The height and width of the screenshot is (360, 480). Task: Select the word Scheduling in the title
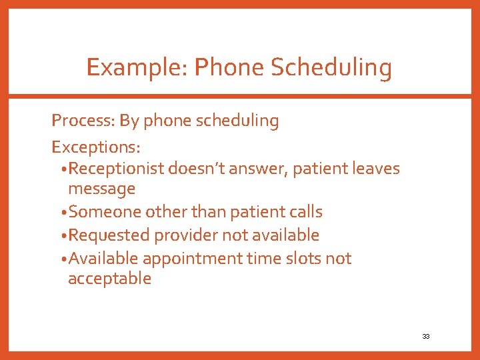pyautogui.click(x=335, y=67)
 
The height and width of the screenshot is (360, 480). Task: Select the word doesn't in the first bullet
pyautogui.click(x=195, y=168)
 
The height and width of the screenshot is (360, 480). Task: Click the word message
pyautogui.click(x=101, y=189)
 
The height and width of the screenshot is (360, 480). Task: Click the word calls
pyautogui.click(x=303, y=212)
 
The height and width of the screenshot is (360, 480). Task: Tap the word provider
pyautogui.click(x=186, y=235)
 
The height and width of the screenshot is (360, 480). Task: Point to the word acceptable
pyautogui.click(x=109, y=279)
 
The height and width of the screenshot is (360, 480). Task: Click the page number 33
pyautogui.click(x=425, y=337)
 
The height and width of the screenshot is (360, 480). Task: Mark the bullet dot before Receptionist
pyautogui.click(x=63, y=169)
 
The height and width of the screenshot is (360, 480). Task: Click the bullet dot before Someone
pyautogui.click(x=63, y=213)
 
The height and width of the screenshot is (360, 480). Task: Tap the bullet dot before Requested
pyautogui.click(x=63, y=236)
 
